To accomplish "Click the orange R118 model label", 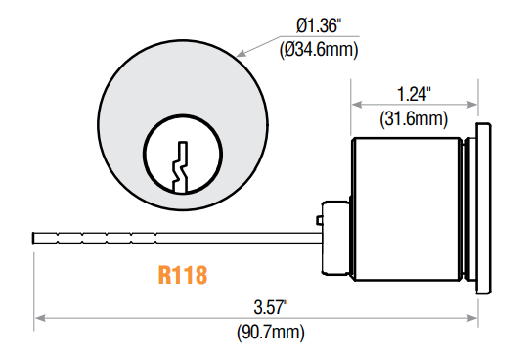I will pyautogui.click(x=182, y=275).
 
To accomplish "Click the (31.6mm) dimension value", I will pyautogui.click(x=414, y=118).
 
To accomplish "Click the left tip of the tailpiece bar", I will pyautogui.click(x=34, y=236).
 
